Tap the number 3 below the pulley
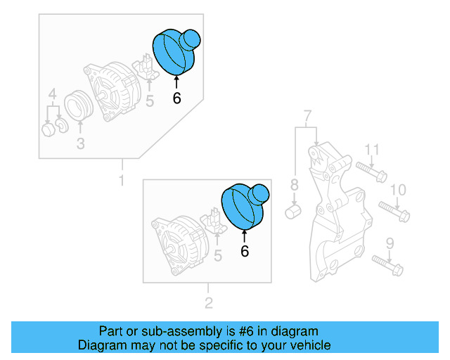(80, 144)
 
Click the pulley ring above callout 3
(79, 106)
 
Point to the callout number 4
(52, 94)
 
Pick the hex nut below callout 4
(48, 129)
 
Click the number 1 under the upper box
(121, 181)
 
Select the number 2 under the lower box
(208, 303)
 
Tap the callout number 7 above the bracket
(307, 115)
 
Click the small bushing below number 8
(295, 212)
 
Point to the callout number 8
(295, 186)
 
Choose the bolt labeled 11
(371, 171)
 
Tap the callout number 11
(372, 149)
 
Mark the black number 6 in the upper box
(176, 98)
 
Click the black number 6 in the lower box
(245, 251)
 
